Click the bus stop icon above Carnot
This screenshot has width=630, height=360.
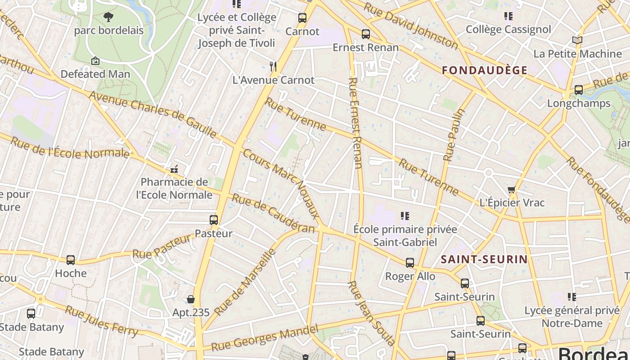coord(302,18)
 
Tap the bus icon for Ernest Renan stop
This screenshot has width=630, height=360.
coord(366,34)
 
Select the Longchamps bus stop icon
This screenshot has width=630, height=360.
coord(579,90)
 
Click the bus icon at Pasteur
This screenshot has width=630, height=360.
coord(214,220)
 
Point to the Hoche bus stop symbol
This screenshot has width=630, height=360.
coord(71,260)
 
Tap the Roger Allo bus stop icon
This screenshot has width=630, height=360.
coord(410,263)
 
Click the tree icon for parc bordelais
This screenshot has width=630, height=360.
coord(108,17)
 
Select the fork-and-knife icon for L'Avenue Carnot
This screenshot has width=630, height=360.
coord(273,67)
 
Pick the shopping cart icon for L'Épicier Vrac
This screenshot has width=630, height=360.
coord(511,190)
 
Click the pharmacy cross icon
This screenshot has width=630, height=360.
coord(174,170)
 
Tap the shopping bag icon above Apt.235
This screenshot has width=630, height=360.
coord(191,299)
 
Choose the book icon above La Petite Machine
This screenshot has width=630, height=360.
coord(577,40)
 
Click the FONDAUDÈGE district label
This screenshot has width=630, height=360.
coord(485,70)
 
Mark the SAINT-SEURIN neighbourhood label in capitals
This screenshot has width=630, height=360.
coord(484,259)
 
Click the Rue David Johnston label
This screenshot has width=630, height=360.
coord(410,26)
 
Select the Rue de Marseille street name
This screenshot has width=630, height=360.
coord(245,282)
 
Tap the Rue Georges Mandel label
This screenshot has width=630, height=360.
coord(265,337)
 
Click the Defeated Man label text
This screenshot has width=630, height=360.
coord(95,74)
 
